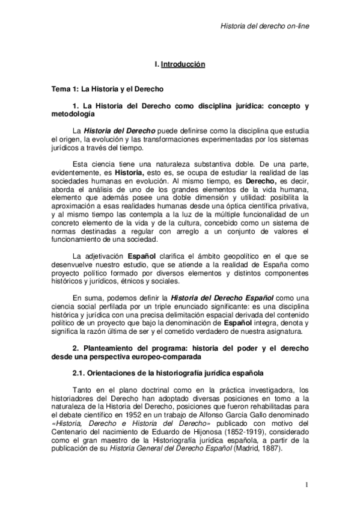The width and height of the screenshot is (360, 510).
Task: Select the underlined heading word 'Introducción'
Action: tap(183, 64)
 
